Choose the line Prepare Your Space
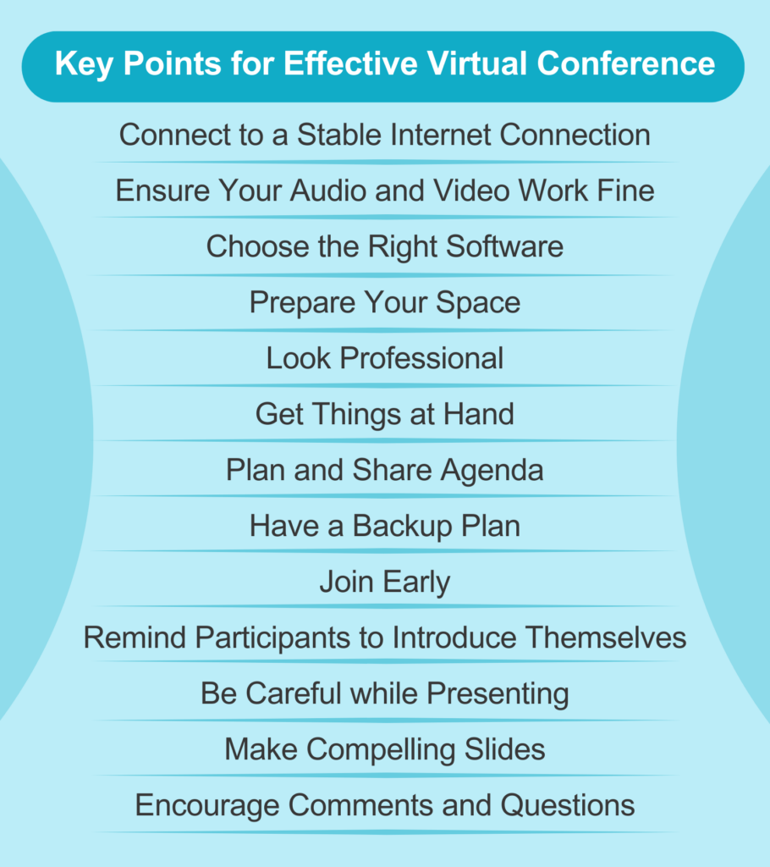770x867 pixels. click(x=385, y=302)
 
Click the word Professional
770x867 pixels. click(x=421, y=358)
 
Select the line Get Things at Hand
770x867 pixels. click(x=385, y=414)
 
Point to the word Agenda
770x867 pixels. click(x=498, y=470)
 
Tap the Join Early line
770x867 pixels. click(x=385, y=583)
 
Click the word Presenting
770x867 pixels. click(x=498, y=693)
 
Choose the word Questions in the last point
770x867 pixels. click(x=567, y=805)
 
